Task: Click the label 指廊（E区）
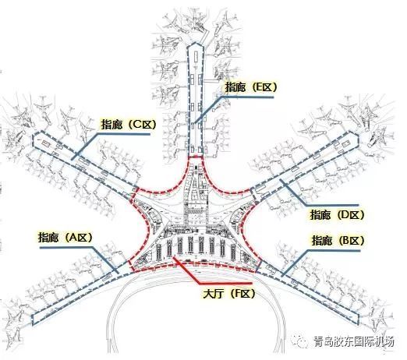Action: coord(251,87)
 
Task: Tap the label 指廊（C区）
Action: coord(129,125)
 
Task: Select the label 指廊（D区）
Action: coord(337,214)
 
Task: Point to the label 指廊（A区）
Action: coord(65,237)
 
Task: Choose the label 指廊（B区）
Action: coord(338,241)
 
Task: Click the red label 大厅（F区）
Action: coord(229,294)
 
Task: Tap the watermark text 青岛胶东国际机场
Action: coord(354,341)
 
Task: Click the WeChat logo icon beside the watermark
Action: coord(302,341)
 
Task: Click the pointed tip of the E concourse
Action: coord(195,43)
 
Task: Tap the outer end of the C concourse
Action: coord(33,140)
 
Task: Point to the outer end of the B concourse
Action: coord(358,319)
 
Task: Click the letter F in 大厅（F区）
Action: coord(237,294)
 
